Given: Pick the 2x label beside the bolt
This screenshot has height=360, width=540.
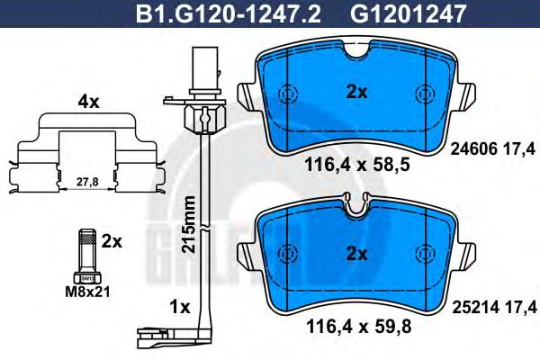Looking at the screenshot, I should click(112, 241).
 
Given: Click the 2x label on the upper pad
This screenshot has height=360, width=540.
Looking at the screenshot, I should click(357, 91).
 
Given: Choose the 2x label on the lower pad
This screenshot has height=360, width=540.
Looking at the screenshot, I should click(357, 254).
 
